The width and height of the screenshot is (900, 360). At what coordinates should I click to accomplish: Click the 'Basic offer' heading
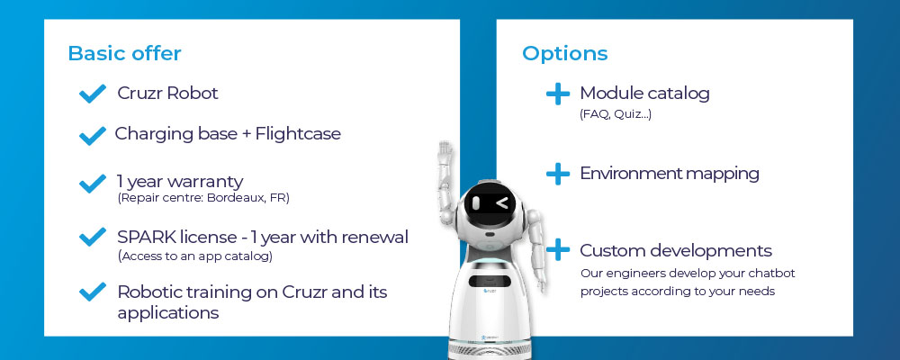(124, 53)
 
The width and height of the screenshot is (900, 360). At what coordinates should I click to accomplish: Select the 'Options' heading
(565, 53)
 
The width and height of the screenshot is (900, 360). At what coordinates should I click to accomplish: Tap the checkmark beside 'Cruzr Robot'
(93, 94)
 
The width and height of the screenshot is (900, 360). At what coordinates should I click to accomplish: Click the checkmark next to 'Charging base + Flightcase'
(93, 136)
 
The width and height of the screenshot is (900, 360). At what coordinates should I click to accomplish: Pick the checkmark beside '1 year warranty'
(93, 184)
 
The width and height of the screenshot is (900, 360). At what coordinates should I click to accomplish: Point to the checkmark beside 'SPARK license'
(93, 237)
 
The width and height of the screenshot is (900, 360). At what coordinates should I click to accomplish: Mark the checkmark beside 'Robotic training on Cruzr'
(93, 292)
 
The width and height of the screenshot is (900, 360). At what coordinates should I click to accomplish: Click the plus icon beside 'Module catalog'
(558, 94)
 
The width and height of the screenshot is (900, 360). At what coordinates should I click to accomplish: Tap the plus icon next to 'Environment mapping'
(558, 174)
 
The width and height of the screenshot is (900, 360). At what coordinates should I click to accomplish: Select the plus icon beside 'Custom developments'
(558, 250)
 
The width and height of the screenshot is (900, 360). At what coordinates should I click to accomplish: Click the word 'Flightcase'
(298, 134)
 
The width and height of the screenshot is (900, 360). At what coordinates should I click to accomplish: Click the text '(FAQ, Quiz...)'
(616, 114)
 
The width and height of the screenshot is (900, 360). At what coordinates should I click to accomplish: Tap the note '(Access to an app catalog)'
(195, 256)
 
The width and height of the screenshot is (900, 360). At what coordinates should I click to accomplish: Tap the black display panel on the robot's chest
(491, 282)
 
